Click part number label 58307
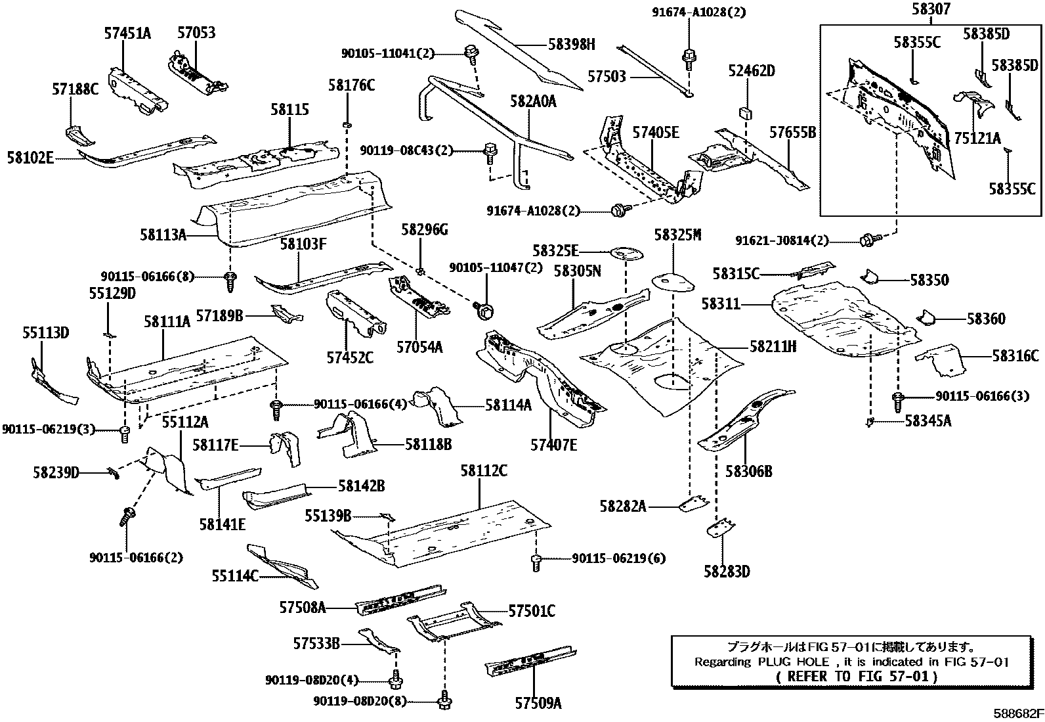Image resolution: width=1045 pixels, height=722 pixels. pyautogui.click(x=931, y=9)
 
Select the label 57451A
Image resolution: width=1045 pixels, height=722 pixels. pyautogui.click(x=127, y=33)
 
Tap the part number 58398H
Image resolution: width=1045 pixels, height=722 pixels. pyautogui.click(x=572, y=44)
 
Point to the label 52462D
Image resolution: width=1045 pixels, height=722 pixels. pyautogui.click(x=751, y=71)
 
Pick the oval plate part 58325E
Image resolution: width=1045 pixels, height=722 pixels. pyautogui.click(x=626, y=252)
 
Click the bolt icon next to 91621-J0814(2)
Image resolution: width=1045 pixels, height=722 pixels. pyautogui.click(x=868, y=240)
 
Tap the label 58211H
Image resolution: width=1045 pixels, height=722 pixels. pyautogui.click(x=773, y=346)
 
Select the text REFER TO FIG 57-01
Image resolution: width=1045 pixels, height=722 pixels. pyautogui.click(x=857, y=675)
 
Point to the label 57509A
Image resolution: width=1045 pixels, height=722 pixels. pyautogui.click(x=538, y=703)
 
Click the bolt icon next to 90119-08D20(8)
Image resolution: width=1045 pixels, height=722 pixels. pyautogui.click(x=444, y=702)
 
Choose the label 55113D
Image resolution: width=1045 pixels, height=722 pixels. pyautogui.click(x=46, y=333)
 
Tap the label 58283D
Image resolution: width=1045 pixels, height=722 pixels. pyautogui.click(x=727, y=572)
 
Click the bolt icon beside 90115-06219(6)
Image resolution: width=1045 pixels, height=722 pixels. pyautogui.click(x=536, y=560)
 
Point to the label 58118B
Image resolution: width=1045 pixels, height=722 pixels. pyautogui.click(x=428, y=445)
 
